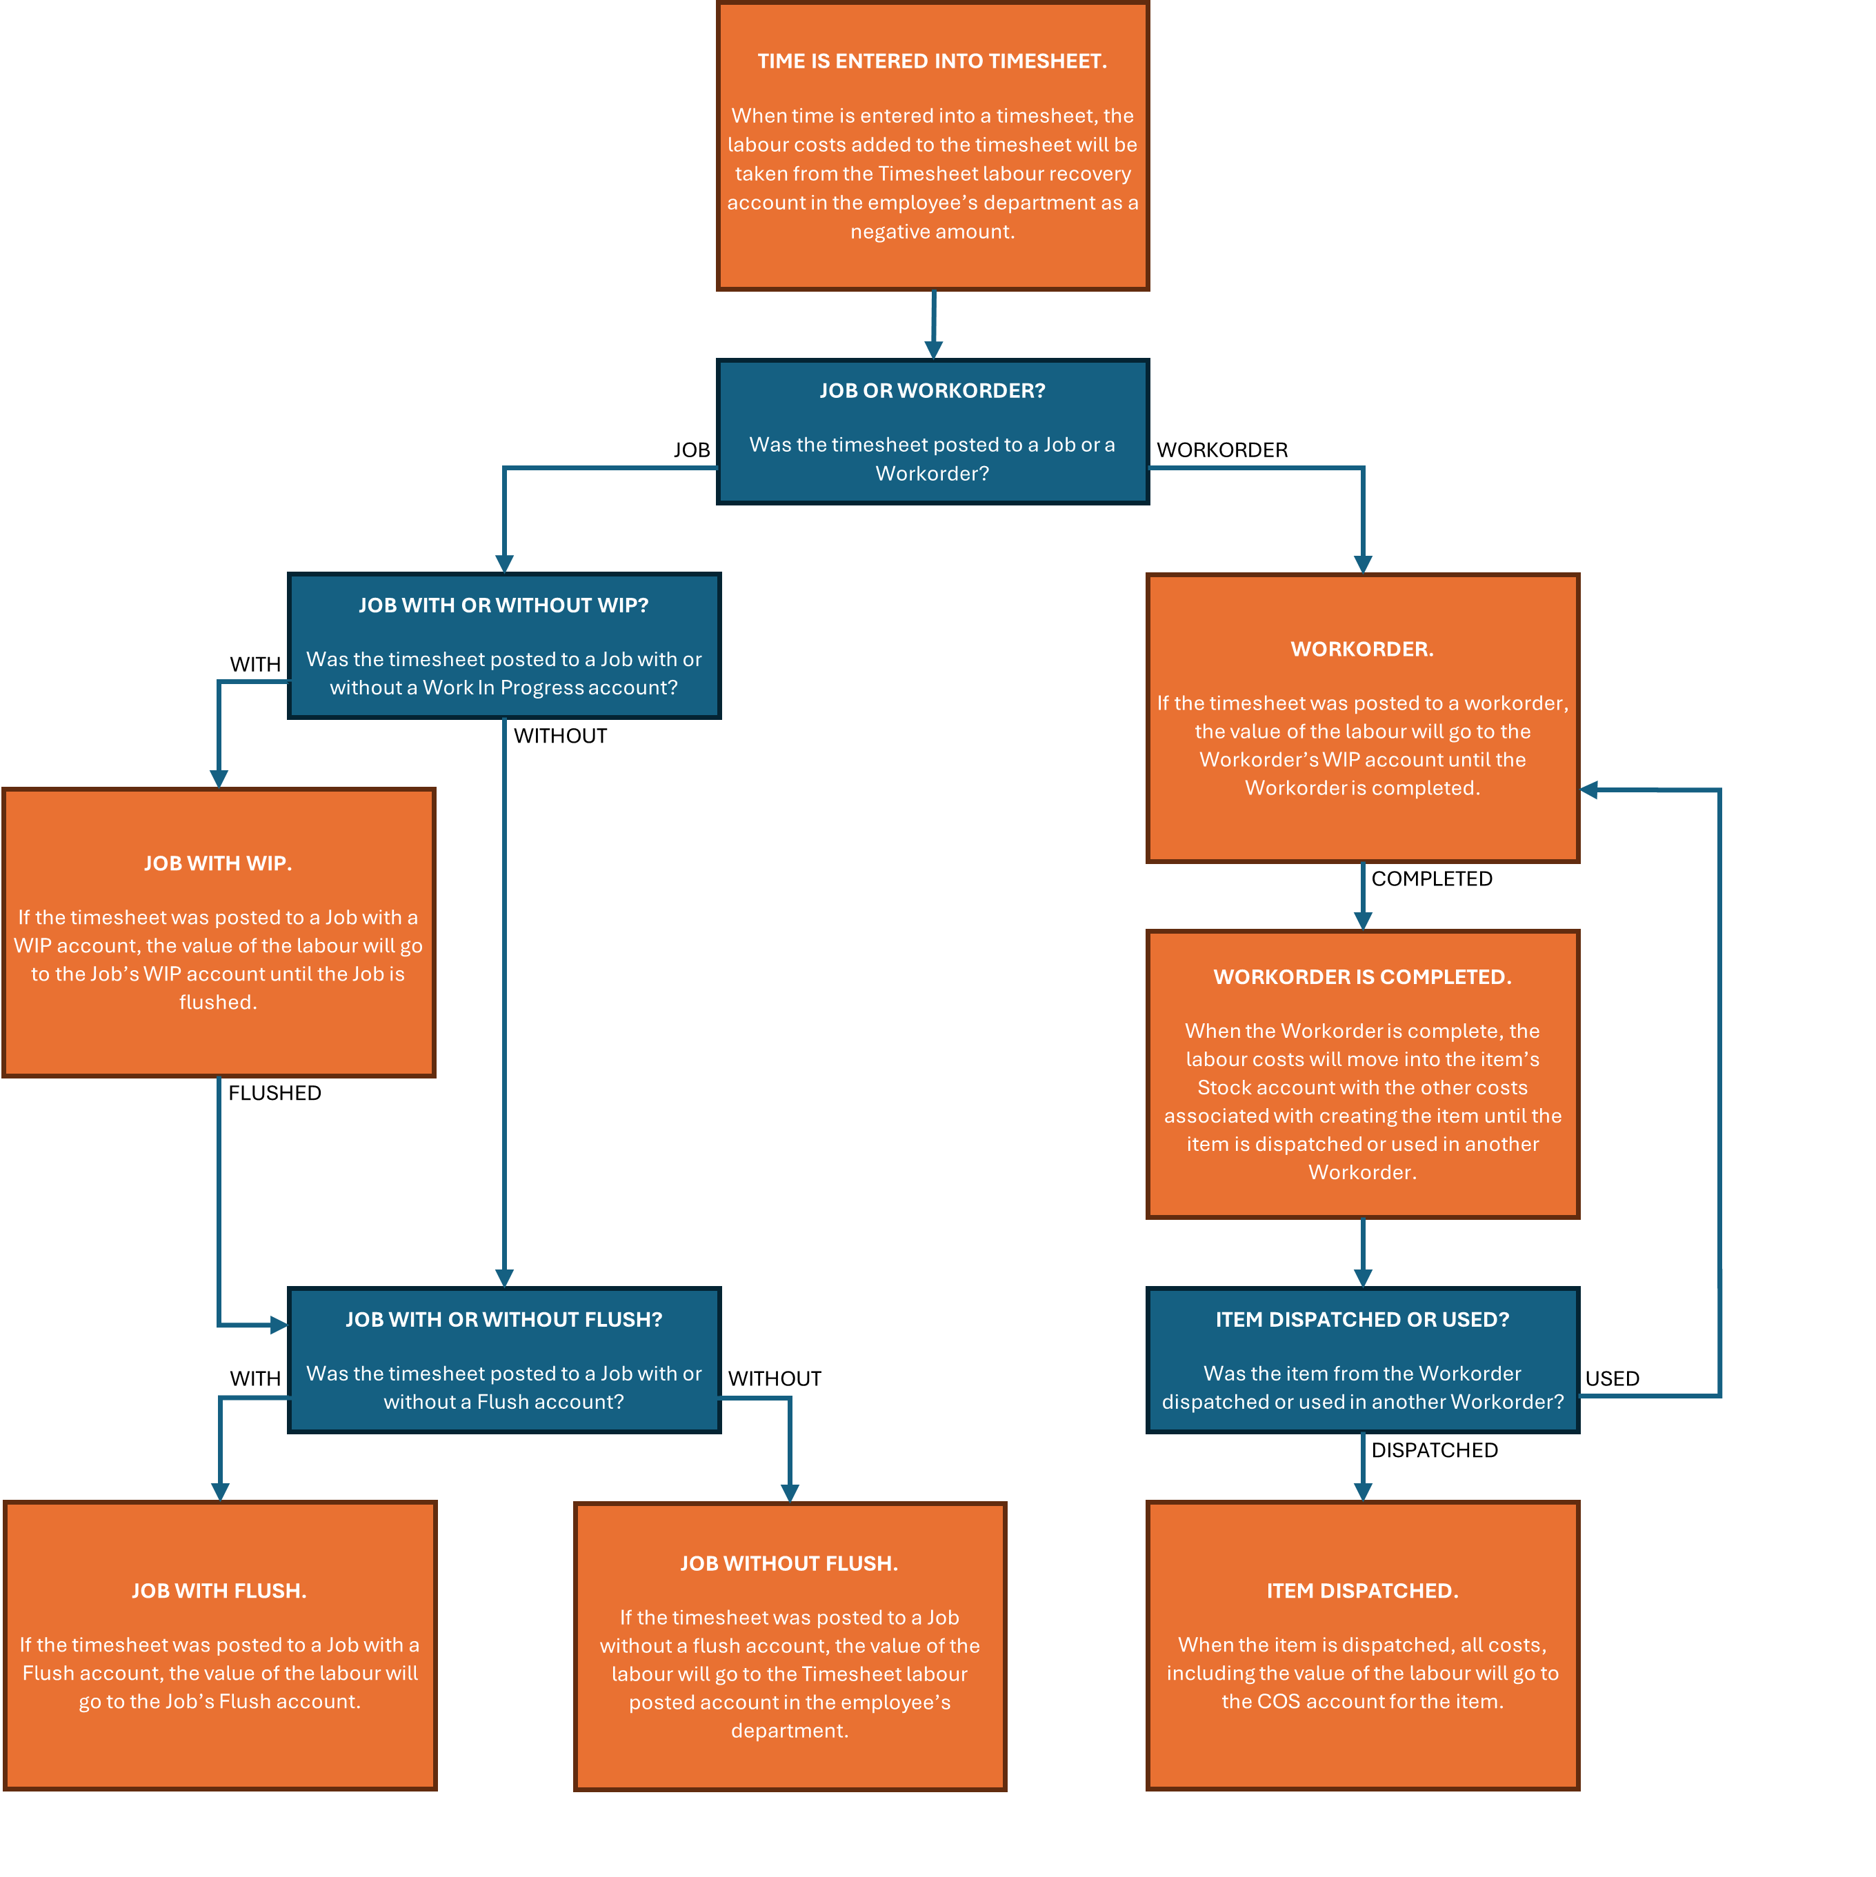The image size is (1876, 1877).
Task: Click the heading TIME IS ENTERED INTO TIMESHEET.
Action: pos(932,61)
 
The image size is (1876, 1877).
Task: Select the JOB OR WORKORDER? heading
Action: pos(932,390)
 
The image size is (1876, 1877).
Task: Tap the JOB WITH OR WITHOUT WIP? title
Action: pos(503,605)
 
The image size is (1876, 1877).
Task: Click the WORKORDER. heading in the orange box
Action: pos(1362,649)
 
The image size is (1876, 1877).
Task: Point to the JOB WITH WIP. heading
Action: pos(218,864)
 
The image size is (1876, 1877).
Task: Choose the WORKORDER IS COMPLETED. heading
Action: pos(1362,977)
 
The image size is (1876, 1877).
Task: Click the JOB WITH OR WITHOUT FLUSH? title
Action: pos(503,1319)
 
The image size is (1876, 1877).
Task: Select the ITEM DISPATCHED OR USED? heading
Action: pos(1362,1319)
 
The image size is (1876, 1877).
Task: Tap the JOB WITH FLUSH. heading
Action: pos(219,1590)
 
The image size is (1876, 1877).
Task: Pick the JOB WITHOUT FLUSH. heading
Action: pos(789,1563)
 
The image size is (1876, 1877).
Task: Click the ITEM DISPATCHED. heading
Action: pos(1362,1590)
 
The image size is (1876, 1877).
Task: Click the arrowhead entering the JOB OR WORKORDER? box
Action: pos(934,350)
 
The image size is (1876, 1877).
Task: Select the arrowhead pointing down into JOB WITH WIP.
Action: pos(219,779)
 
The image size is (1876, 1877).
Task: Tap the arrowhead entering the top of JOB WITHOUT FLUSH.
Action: pos(790,1493)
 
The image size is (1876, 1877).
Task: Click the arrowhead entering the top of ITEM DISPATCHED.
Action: pos(1363,1492)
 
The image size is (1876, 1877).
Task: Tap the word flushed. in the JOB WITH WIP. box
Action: pos(218,1003)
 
